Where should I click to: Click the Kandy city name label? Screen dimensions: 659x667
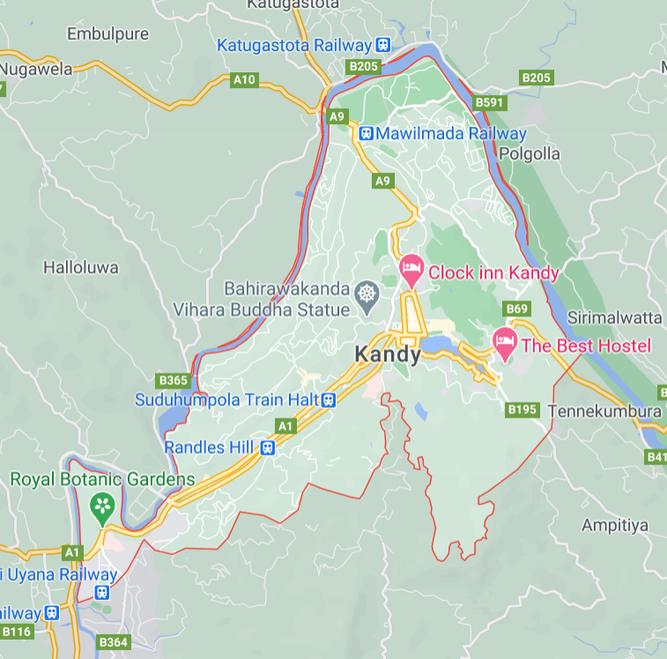click(x=385, y=353)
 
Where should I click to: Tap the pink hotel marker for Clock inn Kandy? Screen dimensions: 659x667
click(x=411, y=270)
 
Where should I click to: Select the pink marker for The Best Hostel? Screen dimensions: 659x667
click(x=504, y=342)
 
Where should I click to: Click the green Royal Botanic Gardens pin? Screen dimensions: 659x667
click(x=103, y=507)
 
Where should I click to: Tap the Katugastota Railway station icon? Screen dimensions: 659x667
click(x=382, y=44)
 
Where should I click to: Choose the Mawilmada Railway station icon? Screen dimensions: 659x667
click(x=366, y=134)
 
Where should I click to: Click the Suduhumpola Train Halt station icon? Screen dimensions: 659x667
click(x=329, y=400)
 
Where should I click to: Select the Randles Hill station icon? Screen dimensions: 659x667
click(x=266, y=448)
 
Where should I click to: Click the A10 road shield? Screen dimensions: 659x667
click(x=244, y=80)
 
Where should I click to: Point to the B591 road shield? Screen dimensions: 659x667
click(x=490, y=102)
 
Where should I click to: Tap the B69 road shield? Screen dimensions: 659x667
click(x=517, y=308)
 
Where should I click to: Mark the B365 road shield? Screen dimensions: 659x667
click(x=173, y=381)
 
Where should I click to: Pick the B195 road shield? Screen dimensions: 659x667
click(x=522, y=410)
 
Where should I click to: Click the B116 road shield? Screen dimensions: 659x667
click(x=16, y=631)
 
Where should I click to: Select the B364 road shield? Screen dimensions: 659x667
click(x=114, y=642)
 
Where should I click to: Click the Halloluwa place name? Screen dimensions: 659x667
click(x=81, y=266)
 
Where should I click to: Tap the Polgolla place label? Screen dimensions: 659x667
click(x=529, y=153)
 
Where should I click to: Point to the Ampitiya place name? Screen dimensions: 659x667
click(x=615, y=525)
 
